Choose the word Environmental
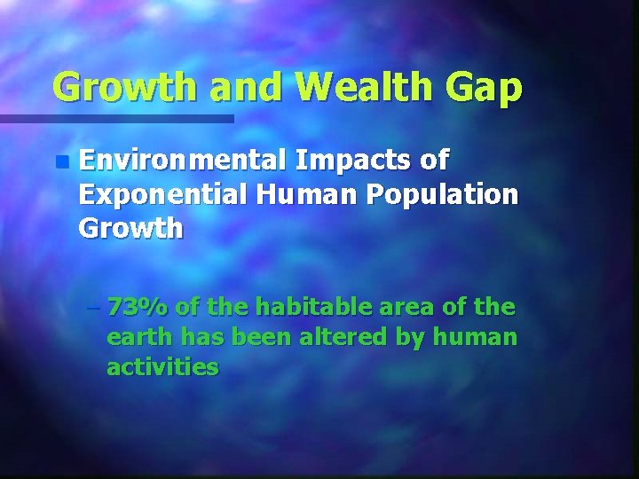[181, 161]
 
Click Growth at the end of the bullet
[130, 228]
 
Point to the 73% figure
[137, 307]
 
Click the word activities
[162, 367]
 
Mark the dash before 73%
[95, 309]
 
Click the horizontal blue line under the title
[115, 118]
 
